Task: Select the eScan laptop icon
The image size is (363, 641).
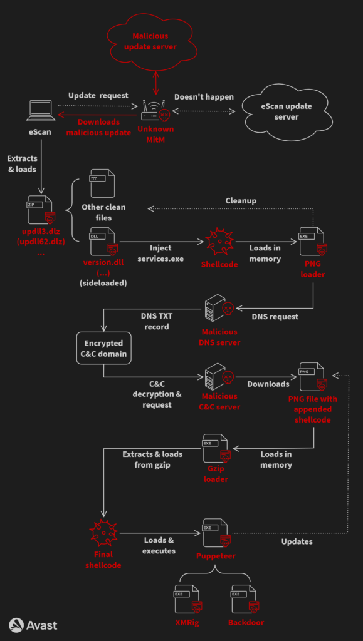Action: pos(39,111)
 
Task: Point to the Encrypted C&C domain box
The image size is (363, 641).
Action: pos(103,349)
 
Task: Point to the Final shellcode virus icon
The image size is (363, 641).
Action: pos(103,533)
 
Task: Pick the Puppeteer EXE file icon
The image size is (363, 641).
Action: pos(215,533)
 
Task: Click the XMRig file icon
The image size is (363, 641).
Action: pos(187,600)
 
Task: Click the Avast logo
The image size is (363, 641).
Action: pos(33,624)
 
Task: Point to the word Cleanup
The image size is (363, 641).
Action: pos(241,200)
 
